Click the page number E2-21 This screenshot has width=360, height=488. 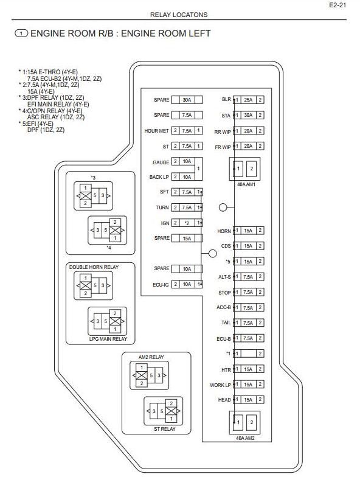pos(337,5)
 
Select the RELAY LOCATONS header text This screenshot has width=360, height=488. pos(179,15)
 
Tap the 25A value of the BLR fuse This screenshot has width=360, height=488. pos(248,100)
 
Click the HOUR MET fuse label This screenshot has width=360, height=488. pos(156,131)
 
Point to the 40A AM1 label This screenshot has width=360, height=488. pos(246,184)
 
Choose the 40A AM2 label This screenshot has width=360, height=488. pos(245,438)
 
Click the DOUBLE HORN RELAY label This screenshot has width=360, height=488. pos(94,267)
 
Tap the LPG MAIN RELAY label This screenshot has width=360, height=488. pos(108,339)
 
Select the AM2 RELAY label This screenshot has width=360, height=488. pos(151,357)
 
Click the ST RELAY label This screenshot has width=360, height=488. pos(165,429)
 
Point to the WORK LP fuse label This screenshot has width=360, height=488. pos(220,385)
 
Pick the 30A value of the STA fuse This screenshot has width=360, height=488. pos(248,115)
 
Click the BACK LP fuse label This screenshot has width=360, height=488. pos(159,177)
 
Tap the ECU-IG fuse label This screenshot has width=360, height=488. pos(161,284)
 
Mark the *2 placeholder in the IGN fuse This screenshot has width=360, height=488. pos(187,223)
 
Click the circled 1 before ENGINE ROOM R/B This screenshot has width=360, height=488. pos(21,33)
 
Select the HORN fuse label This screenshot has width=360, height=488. pos(224,231)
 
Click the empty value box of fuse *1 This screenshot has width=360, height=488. pos(248,354)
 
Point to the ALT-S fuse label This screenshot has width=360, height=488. pos(224,277)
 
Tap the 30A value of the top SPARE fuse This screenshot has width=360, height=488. pos(187,100)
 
